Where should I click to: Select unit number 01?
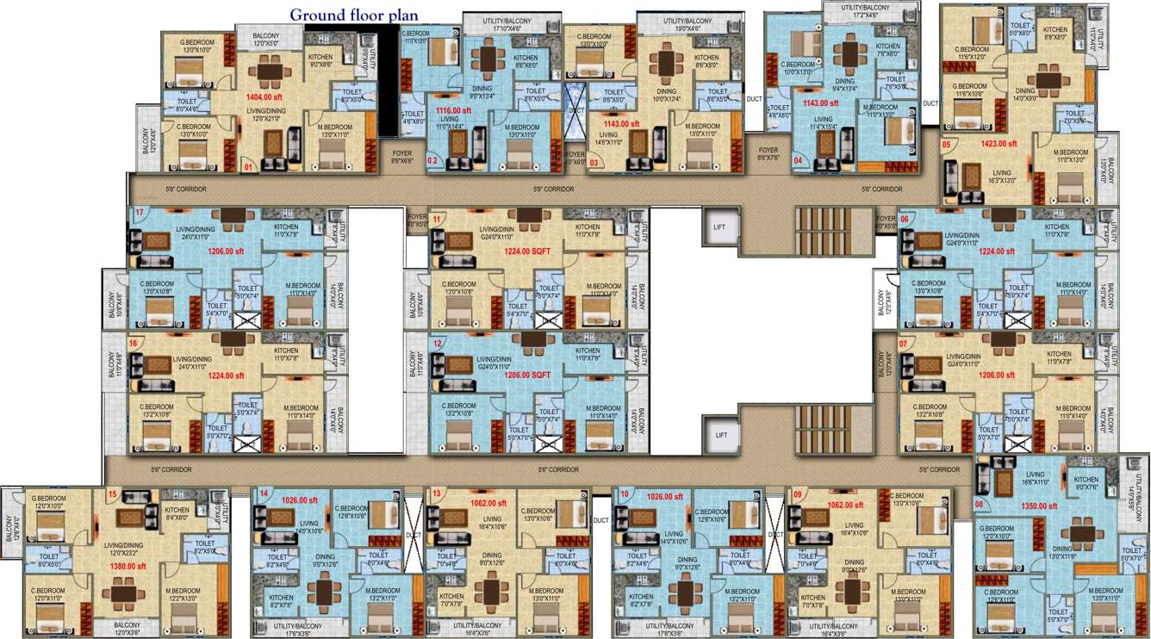tap(248, 167)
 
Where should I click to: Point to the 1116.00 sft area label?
tap(453, 111)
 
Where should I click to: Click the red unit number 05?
tap(947, 144)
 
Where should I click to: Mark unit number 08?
tap(979, 503)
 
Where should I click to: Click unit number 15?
tap(113, 493)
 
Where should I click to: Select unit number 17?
tap(138, 212)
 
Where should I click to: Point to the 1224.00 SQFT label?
tap(526, 251)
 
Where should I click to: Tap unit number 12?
tap(438, 343)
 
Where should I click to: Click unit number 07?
tap(903, 343)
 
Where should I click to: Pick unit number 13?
tap(437, 493)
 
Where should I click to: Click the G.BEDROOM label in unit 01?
tap(195, 42)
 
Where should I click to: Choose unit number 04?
tap(798, 160)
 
